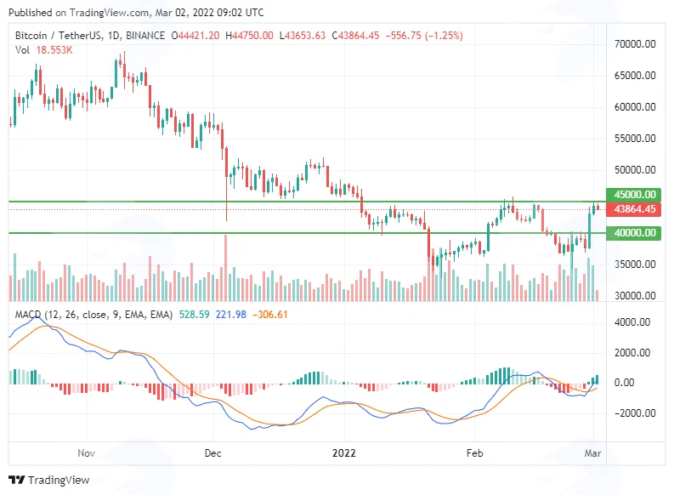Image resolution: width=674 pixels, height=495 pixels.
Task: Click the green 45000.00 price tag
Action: pos(633,195)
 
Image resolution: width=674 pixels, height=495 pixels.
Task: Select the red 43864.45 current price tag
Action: pos(633,209)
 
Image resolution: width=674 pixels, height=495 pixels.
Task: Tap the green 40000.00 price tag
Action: pos(633,233)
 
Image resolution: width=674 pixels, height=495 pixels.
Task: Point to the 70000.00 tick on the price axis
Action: pos(635,44)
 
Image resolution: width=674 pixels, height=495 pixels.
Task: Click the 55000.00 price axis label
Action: pos(635,139)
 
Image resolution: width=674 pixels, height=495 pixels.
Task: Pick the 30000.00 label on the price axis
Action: pos(635,296)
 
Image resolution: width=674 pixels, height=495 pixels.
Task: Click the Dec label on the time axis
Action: pos(212,453)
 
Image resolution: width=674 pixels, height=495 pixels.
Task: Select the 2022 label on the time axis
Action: pos(344,453)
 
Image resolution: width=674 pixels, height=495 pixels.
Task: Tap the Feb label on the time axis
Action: pos(474,453)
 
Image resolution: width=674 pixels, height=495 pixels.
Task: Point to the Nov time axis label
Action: pos(86,453)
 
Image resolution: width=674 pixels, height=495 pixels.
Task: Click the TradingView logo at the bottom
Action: pos(49,480)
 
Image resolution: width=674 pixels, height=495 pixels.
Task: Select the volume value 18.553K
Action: pos(54,50)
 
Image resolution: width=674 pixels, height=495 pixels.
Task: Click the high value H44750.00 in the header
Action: pos(249,36)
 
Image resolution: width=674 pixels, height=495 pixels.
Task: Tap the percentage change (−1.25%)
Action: pos(444,36)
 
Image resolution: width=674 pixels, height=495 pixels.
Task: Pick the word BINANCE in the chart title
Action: pos(145,36)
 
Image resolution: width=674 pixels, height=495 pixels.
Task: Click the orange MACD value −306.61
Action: pos(270,315)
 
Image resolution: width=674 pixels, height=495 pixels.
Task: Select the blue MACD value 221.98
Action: pos(231,315)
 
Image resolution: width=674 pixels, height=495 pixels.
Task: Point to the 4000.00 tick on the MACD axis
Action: pos(632,322)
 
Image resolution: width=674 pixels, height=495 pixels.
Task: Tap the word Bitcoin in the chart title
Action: pos(31,36)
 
